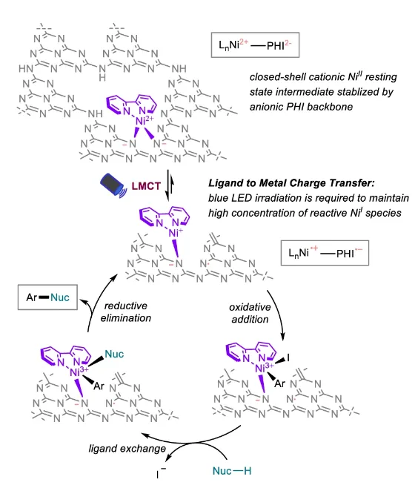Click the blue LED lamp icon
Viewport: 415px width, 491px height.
(113, 185)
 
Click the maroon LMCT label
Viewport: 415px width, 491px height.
(146, 186)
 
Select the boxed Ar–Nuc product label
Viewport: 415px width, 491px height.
(47, 297)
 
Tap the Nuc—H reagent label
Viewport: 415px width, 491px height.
(232, 471)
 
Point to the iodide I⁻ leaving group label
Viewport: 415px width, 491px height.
(161, 473)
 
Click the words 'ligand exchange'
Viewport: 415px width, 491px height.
(127, 449)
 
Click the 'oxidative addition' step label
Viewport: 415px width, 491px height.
(250, 313)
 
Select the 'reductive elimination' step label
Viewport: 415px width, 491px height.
(126, 312)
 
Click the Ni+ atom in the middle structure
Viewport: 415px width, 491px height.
(176, 233)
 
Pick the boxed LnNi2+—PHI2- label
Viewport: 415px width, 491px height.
(255, 45)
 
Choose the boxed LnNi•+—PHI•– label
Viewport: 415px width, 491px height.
(325, 253)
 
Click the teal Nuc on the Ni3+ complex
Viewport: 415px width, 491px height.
(114, 355)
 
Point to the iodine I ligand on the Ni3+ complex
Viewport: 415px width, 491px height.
(288, 357)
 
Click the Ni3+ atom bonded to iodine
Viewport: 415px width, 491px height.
(264, 368)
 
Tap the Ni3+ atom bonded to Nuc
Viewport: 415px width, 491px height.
(79, 372)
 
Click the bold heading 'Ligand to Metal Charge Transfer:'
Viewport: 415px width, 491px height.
(291, 183)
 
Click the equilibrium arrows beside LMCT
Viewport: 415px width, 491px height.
(170, 185)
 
